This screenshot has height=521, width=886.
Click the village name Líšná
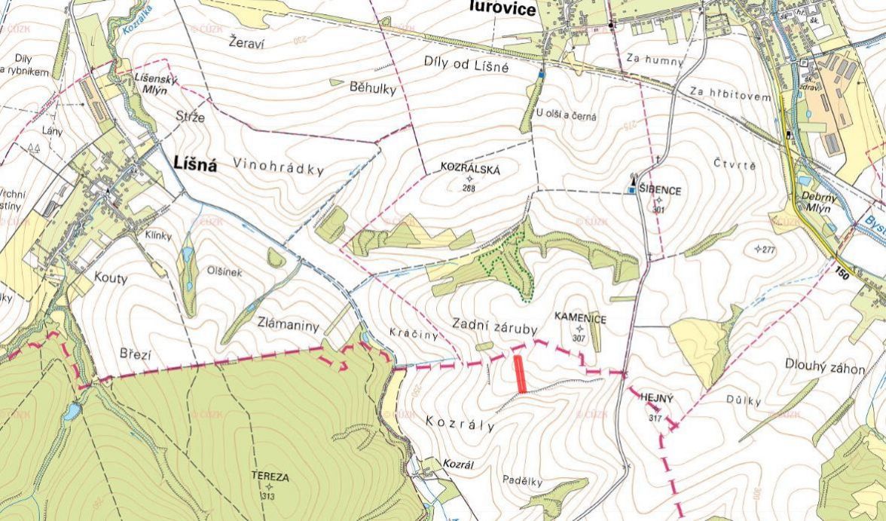[195, 164]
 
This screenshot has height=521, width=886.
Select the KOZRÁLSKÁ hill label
[470, 170]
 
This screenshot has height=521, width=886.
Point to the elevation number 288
[469, 188]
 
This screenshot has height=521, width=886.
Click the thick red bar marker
[520, 374]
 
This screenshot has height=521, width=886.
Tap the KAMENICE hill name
[579, 320]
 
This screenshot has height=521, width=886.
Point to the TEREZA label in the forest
[270, 477]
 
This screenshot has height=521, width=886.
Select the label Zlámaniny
[287, 326]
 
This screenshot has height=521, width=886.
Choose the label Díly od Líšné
[465, 66]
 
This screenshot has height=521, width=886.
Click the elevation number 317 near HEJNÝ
[653, 418]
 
